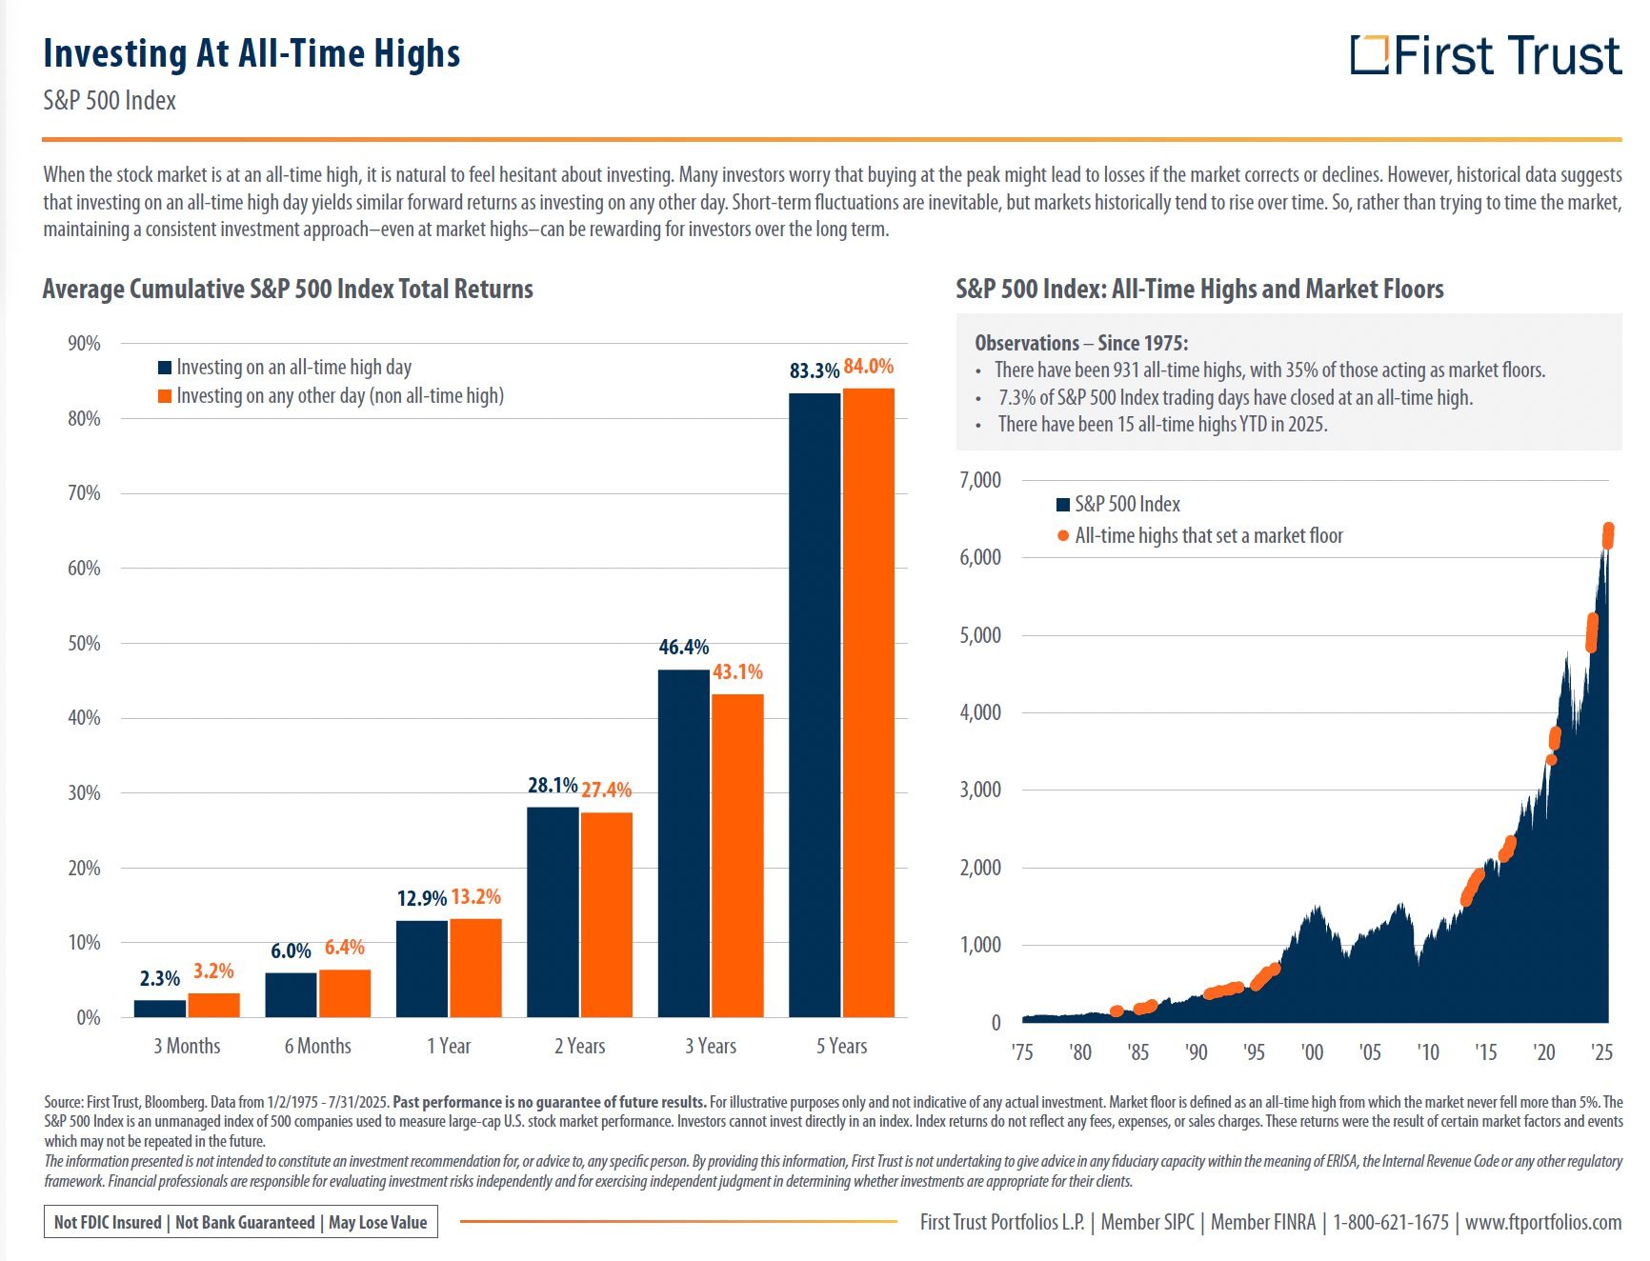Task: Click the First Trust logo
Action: tap(1484, 55)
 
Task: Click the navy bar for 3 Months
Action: tap(160, 1009)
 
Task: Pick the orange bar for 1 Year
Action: tap(475, 968)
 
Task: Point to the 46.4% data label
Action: tap(683, 648)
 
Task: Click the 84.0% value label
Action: tap(868, 367)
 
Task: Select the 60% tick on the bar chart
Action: tap(84, 569)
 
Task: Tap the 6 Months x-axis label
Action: tap(317, 1046)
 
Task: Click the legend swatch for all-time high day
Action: tap(165, 368)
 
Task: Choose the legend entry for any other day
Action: tap(339, 396)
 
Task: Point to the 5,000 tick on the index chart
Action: tap(980, 635)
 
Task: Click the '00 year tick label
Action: tap(1312, 1052)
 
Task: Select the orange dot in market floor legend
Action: tap(1062, 536)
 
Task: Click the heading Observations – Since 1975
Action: tap(1081, 343)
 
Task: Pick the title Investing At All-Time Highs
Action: tap(252, 53)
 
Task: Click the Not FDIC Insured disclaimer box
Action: tap(240, 1222)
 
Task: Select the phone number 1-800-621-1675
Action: tap(1390, 1222)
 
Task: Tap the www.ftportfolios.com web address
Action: tap(1542, 1222)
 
